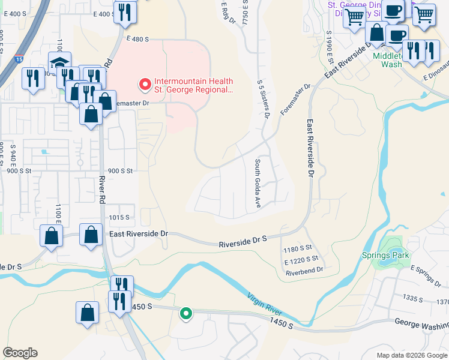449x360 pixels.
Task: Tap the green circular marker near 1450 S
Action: (186, 313)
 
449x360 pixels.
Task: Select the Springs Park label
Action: (385, 255)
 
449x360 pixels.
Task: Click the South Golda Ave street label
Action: (258, 184)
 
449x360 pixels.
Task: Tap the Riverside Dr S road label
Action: (243, 240)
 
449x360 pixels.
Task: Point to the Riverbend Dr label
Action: (304, 271)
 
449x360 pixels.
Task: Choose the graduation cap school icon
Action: (60, 64)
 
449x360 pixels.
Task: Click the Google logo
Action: (20, 353)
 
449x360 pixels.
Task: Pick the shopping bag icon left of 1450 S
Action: (88, 312)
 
